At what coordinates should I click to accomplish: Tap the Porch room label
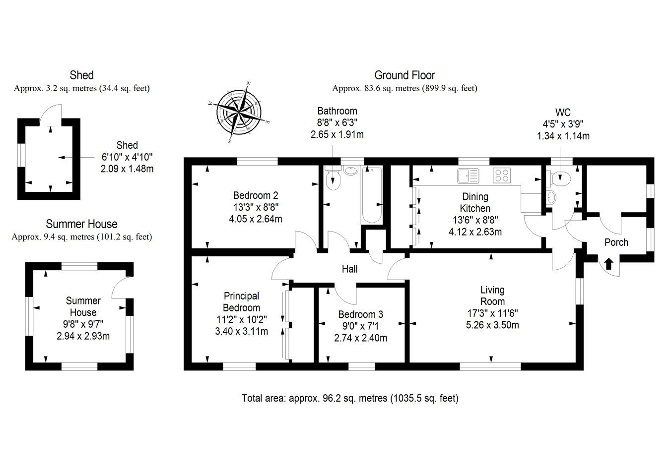pos(616,242)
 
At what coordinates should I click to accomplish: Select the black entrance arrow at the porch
pos(608,263)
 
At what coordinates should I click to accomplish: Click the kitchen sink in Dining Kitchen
pos(468,175)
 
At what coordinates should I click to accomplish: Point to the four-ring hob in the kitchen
pos(502,175)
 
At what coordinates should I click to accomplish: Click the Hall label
pos(349,269)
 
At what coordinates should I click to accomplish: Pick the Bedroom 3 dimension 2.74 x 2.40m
pos(360,338)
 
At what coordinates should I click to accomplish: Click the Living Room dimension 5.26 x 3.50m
pos(492,325)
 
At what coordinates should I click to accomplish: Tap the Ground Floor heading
pos(404,75)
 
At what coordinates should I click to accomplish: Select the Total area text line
pos(350,398)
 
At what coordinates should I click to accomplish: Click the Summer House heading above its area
pos(81,224)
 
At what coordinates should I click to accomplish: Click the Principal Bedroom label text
pos(241,302)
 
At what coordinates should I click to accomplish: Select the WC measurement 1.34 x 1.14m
pos(563,136)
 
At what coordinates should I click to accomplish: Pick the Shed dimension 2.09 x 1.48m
pos(127,169)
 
